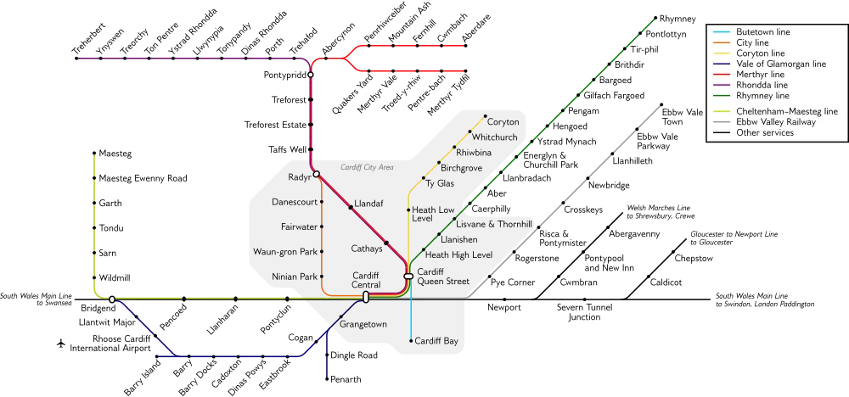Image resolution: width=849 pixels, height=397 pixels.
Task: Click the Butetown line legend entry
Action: click(x=762, y=31)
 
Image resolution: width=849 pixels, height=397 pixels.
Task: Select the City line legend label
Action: click(x=753, y=42)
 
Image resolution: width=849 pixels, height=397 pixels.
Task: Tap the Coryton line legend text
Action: click(x=759, y=53)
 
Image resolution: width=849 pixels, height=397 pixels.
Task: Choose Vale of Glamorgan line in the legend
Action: click(x=781, y=64)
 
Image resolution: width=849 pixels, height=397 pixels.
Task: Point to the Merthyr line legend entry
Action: click(x=760, y=75)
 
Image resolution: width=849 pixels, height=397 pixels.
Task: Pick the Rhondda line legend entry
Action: click(x=762, y=85)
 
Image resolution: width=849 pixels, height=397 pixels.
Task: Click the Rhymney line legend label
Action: click(x=762, y=96)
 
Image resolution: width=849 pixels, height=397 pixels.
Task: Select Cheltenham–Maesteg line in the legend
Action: click(x=786, y=111)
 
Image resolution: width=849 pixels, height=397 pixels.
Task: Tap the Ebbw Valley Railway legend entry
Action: click(x=776, y=122)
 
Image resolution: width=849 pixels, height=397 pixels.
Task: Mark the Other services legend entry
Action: click(x=764, y=132)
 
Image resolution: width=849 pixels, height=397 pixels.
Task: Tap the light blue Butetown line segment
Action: click(x=411, y=318)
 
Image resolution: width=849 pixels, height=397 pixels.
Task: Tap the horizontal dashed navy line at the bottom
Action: click(x=229, y=356)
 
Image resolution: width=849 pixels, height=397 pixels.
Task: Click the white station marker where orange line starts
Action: click(x=316, y=175)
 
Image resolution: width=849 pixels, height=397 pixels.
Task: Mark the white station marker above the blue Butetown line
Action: click(x=408, y=277)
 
